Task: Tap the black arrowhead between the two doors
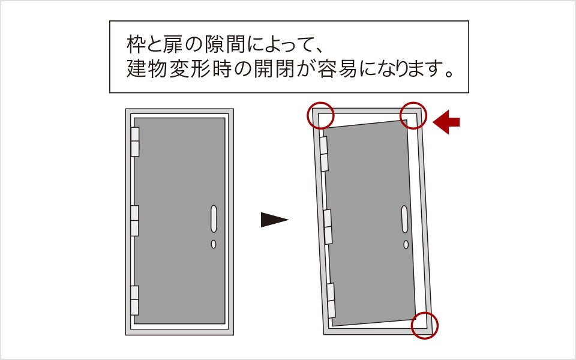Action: pos(274,220)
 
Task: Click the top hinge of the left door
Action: pos(135,142)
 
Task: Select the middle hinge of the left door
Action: pos(135,220)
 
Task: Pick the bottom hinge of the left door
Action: pos(135,300)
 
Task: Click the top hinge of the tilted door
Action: pos(324,154)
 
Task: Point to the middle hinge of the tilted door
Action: pos(328,227)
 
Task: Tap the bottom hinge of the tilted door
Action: pos(331,301)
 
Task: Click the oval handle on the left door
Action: pos(214,219)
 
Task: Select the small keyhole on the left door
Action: pos(214,244)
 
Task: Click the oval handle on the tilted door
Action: pos(404,219)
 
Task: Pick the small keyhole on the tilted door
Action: pos(406,244)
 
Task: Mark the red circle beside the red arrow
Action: pos(413,115)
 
